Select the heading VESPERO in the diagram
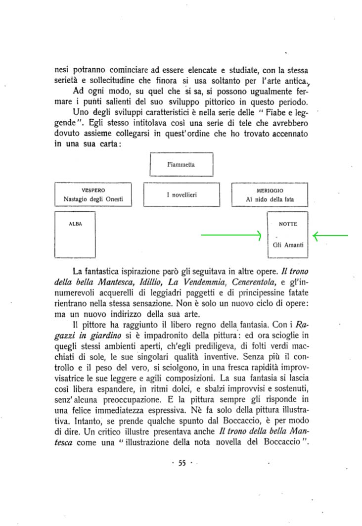click(93, 190)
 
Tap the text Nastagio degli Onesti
click(93, 199)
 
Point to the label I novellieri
click(181, 195)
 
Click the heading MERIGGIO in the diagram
click(270, 190)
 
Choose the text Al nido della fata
click(270, 199)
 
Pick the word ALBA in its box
click(75, 224)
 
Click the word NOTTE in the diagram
click(288, 224)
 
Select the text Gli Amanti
click(288, 245)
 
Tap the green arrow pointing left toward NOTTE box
click(330, 236)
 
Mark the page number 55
click(181, 463)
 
